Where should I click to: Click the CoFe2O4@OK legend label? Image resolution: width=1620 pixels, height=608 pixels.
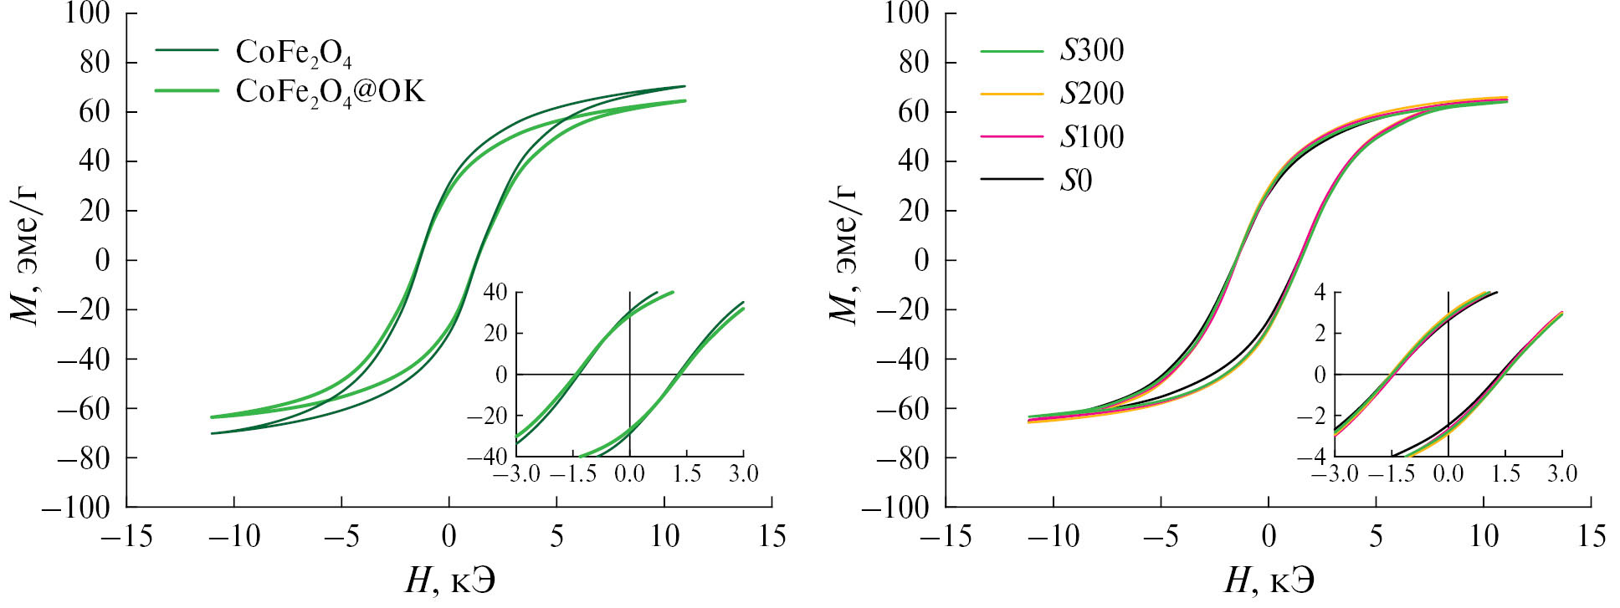(330, 92)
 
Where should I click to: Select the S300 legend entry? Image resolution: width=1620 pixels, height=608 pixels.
(1092, 51)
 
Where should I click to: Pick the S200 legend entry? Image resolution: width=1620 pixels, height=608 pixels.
(1092, 94)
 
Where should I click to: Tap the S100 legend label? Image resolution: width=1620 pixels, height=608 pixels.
(1092, 137)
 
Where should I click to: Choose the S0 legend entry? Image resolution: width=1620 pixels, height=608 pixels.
(1076, 181)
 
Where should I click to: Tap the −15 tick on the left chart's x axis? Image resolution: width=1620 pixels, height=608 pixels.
(127, 536)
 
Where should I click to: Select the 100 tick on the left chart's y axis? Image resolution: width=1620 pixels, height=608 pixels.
(87, 13)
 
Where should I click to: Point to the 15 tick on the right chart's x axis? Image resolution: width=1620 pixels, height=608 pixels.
(1591, 536)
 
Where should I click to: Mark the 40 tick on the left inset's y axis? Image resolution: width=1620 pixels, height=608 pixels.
(495, 292)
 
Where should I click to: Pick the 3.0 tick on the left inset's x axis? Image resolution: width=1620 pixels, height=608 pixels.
(743, 474)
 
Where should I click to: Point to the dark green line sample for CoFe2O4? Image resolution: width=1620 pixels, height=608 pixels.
(186, 50)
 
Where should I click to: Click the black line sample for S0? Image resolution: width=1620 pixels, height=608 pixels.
(1012, 180)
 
